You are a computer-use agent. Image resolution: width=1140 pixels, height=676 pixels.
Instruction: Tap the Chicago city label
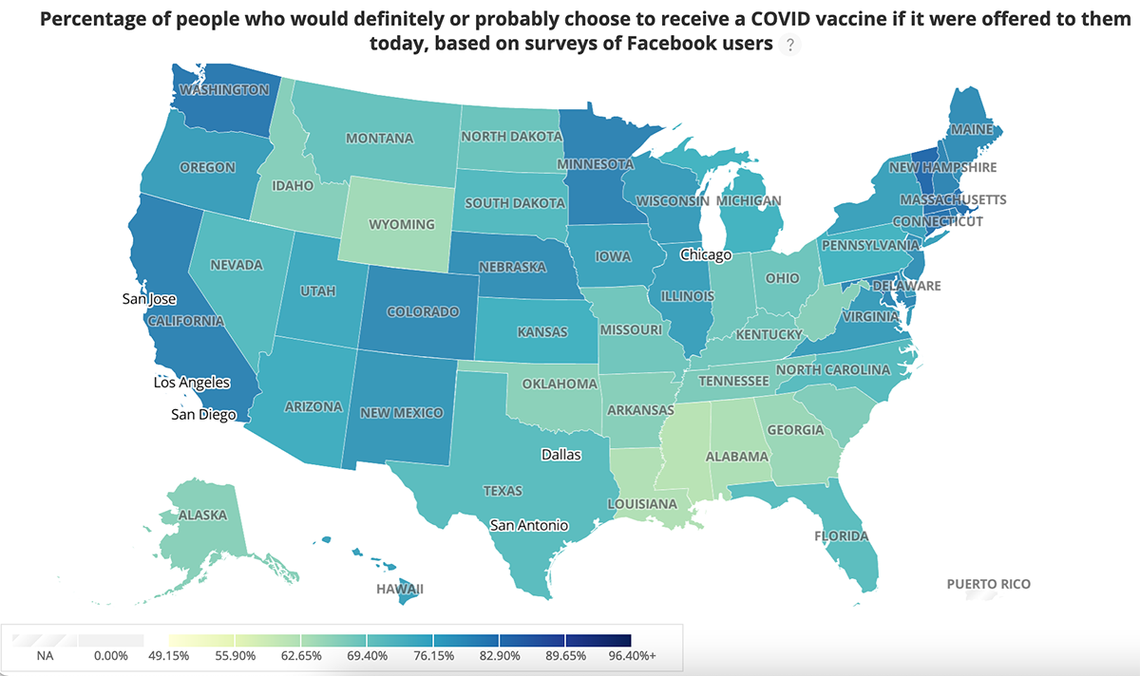click(x=706, y=255)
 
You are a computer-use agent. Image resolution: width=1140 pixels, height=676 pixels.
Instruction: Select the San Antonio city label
click(x=529, y=525)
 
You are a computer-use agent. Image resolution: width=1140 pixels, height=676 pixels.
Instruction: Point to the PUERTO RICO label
click(x=988, y=584)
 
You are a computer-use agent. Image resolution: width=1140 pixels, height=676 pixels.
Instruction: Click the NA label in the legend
click(x=46, y=655)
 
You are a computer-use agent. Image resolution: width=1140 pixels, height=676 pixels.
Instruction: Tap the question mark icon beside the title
click(x=788, y=45)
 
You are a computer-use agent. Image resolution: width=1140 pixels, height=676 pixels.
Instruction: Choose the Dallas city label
click(x=560, y=455)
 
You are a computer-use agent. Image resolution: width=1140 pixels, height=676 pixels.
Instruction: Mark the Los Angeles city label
click(x=192, y=384)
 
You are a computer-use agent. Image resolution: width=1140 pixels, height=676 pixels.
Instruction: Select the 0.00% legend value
click(x=111, y=655)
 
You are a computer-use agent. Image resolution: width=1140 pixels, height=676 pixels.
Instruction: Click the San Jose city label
click(x=150, y=299)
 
